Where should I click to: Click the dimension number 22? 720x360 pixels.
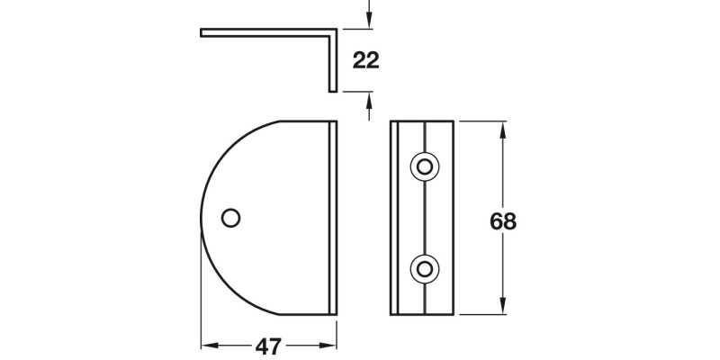(x=365, y=61)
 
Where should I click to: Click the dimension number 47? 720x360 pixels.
(x=268, y=346)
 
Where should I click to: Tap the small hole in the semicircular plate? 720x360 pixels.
(x=230, y=217)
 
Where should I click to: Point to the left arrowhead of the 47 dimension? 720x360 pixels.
(x=207, y=345)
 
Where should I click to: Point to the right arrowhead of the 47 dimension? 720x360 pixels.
(x=329, y=345)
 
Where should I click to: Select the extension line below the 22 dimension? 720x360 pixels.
(x=356, y=92)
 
